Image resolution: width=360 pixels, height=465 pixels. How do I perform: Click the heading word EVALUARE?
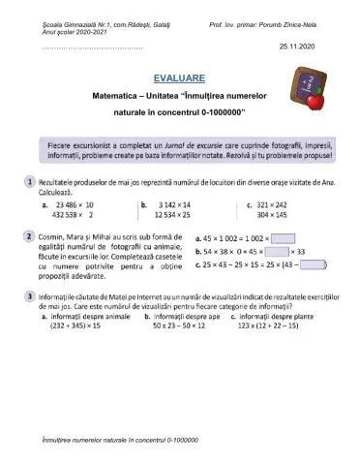pyautogui.click(x=179, y=77)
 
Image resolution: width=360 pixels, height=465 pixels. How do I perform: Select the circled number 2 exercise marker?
pyautogui.click(x=31, y=236)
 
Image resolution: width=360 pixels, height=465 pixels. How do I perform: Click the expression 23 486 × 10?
pyautogui.click(x=75, y=205)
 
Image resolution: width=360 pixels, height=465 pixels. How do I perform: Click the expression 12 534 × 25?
pyautogui.click(x=174, y=217)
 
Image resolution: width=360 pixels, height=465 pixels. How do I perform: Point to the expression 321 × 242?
pyautogui.click(x=281, y=205)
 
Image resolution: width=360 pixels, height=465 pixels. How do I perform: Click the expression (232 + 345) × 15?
pyautogui.click(x=78, y=326)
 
